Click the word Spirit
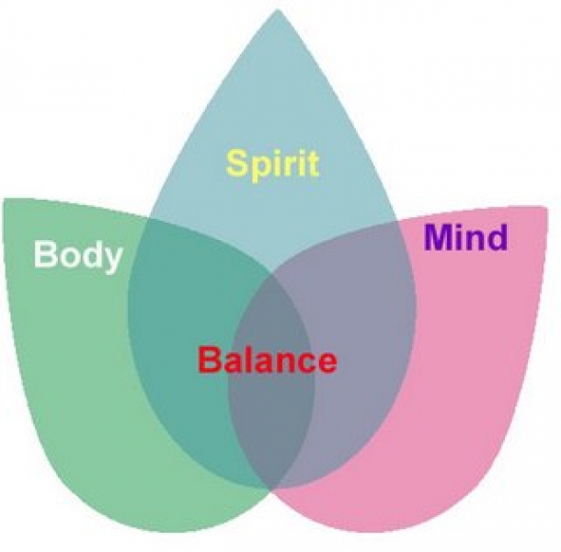point(272,166)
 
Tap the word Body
point(78,256)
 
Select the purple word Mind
point(466,237)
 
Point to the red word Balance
point(268,360)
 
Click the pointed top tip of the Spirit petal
point(278,9)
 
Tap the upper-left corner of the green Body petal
point(5,200)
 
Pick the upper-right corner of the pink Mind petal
point(547,207)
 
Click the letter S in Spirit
point(238,163)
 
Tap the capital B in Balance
point(209,360)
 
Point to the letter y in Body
point(112,260)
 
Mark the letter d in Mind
point(498,237)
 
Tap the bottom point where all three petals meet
point(271,489)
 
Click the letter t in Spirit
point(313,165)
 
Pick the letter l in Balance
point(246,360)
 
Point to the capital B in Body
point(45,254)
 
